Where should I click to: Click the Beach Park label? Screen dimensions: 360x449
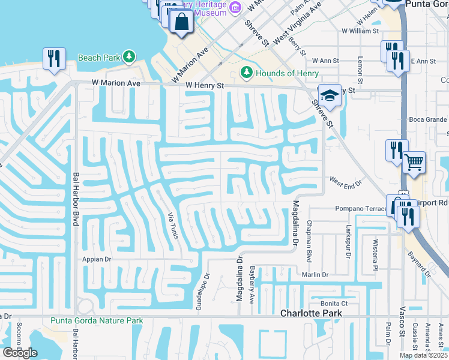tap(99, 58)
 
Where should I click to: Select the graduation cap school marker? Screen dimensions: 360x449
tap(329, 95)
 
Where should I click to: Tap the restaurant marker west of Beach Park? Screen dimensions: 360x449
tap(54, 59)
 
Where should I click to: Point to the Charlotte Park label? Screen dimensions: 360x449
tap(312, 313)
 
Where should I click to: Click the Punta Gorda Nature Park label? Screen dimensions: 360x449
tap(97, 320)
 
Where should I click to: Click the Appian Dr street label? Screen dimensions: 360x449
tap(95, 260)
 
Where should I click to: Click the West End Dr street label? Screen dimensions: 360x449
tap(345, 180)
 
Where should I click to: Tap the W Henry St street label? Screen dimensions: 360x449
tap(204, 86)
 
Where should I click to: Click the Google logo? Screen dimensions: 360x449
tap(20, 353)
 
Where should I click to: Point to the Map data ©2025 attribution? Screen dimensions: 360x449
tap(424, 355)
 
